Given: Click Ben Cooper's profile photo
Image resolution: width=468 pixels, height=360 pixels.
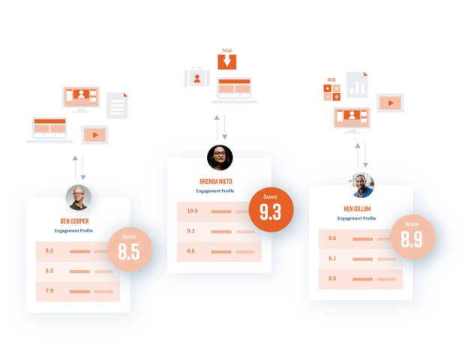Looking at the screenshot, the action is [x=79, y=197].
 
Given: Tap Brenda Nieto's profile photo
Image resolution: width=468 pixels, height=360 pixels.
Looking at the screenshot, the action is [x=220, y=157].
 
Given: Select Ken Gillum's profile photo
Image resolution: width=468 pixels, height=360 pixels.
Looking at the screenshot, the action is [x=361, y=185].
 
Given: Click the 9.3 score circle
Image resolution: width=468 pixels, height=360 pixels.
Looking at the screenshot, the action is [x=271, y=209].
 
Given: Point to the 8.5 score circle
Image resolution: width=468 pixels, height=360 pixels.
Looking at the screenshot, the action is [x=130, y=249].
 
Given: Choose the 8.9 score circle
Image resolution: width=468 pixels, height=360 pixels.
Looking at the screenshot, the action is [x=412, y=237].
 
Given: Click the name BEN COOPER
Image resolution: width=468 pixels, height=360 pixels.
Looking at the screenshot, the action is [x=74, y=221].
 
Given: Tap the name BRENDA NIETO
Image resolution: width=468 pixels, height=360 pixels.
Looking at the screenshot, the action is [x=216, y=181].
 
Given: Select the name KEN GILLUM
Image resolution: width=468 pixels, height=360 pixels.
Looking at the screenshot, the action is [x=357, y=209].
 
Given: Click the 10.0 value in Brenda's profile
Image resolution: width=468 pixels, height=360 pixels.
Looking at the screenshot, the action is [x=192, y=211].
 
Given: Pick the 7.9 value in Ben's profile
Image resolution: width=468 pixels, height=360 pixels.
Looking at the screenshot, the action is [x=49, y=291].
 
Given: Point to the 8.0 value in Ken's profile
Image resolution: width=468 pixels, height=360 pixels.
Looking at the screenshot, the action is [x=332, y=278].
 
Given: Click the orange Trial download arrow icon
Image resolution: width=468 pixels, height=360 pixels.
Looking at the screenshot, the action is [x=226, y=62].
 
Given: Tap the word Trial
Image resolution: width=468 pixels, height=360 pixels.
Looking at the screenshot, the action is [x=226, y=50].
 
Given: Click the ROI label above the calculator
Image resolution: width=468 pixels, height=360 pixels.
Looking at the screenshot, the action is [x=331, y=79].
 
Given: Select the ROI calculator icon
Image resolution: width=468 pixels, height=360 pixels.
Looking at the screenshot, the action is [x=332, y=92].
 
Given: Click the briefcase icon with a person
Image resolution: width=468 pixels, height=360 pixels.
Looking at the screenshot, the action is [x=197, y=77].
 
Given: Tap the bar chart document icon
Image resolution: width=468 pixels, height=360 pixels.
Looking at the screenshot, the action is [x=357, y=85].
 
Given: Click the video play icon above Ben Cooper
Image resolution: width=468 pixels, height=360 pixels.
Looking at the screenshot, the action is [x=94, y=135].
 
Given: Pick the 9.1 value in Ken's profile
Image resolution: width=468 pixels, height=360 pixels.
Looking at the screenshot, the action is [x=332, y=258].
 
